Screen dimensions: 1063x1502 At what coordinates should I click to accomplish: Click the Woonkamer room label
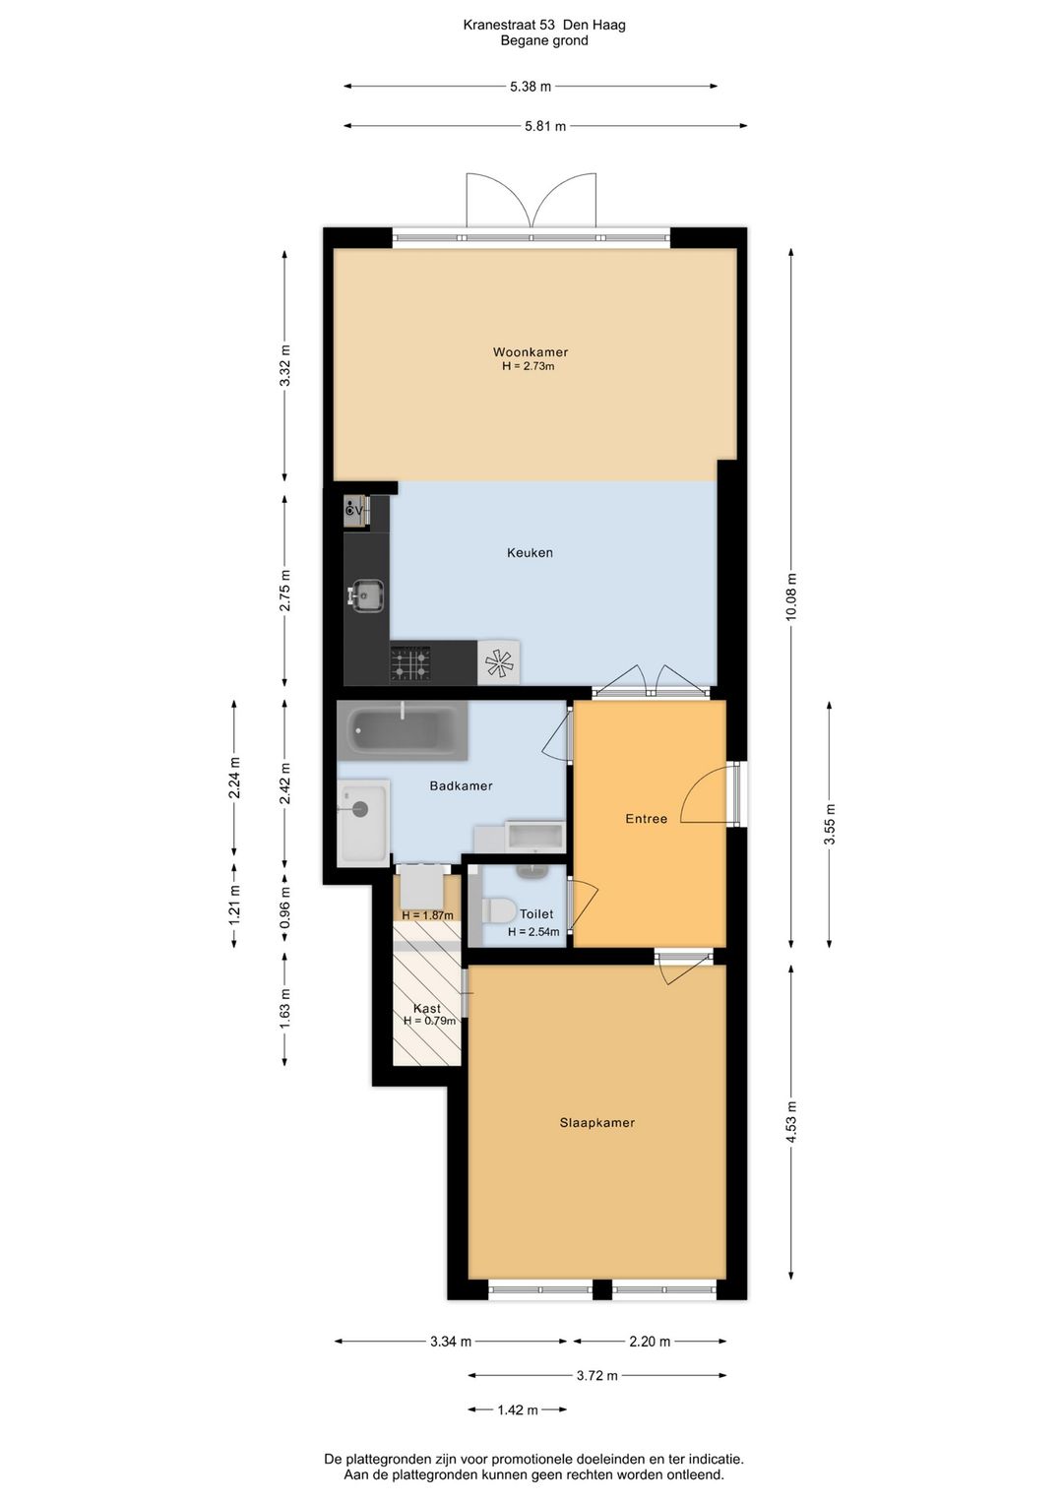[x=530, y=352]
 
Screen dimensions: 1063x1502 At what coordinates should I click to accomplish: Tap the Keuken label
[x=530, y=552]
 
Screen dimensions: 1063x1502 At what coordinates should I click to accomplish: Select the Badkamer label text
[x=461, y=785]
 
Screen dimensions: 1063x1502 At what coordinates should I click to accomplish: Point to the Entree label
[x=646, y=818]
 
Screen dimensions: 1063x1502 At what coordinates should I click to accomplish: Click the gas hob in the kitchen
[x=410, y=663]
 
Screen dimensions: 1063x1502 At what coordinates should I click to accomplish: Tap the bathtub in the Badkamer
[x=403, y=730]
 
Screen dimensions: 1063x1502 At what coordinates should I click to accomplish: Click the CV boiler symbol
[x=355, y=511]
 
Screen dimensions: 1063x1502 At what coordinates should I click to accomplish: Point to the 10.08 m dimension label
[x=791, y=596]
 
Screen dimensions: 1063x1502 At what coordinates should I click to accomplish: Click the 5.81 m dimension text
[x=545, y=126]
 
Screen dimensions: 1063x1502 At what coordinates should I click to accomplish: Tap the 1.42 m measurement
[x=517, y=1409]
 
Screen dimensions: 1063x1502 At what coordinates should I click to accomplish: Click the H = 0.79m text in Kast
[x=429, y=1021]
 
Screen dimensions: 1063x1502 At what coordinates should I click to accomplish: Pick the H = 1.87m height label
[x=427, y=915]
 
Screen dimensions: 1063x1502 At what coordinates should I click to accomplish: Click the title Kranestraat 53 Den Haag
[x=544, y=26]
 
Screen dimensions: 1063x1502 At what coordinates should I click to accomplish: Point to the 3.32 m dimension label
[x=285, y=365]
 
